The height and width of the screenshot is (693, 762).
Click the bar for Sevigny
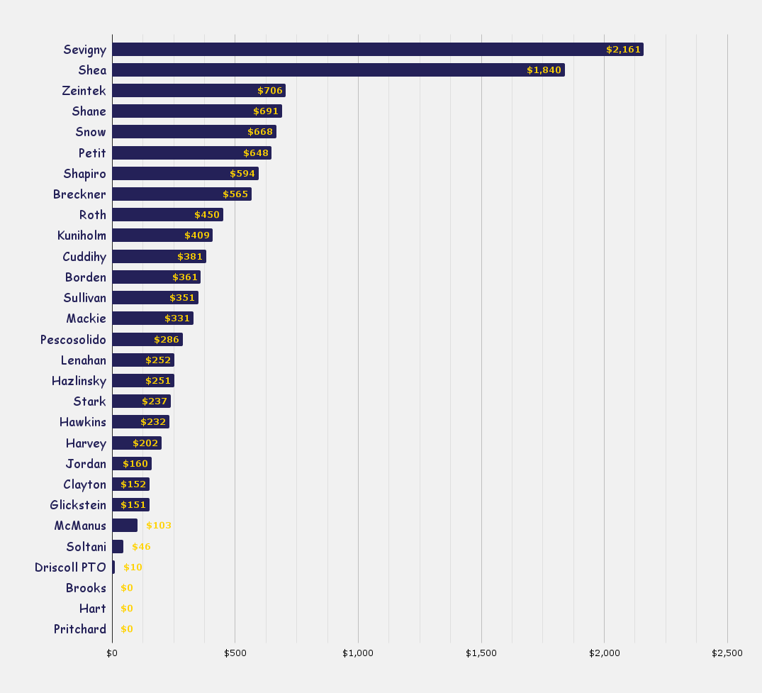tap(377, 49)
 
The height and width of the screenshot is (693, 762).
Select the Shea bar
tap(338, 70)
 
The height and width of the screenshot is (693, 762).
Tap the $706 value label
tap(269, 91)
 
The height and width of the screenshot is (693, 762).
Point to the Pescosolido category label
tap(73, 340)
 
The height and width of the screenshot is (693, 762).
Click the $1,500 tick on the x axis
tap(481, 653)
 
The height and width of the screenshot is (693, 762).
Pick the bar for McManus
tap(125, 526)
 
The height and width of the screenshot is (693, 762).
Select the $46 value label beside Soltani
tap(141, 547)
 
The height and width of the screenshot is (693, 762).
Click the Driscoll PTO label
tap(70, 567)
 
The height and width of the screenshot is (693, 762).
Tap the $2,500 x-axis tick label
tap(727, 653)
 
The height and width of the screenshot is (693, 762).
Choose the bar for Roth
tap(167, 215)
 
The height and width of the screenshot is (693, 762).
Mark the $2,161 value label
tap(623, 50)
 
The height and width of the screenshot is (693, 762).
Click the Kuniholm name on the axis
tap(82, 235)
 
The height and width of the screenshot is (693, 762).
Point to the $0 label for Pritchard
tap(127, 629)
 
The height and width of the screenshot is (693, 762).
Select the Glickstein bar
tap(130, 505)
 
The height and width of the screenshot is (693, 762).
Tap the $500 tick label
tap(235, 653)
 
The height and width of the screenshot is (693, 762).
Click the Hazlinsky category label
tap(79, 381)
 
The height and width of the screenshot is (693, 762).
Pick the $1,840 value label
tap(544, 70)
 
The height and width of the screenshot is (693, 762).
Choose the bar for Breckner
tap(181, 194)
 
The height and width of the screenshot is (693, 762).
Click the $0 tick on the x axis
tap(112, 653)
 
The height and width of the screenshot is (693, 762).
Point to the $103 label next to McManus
tap(159, 526)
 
